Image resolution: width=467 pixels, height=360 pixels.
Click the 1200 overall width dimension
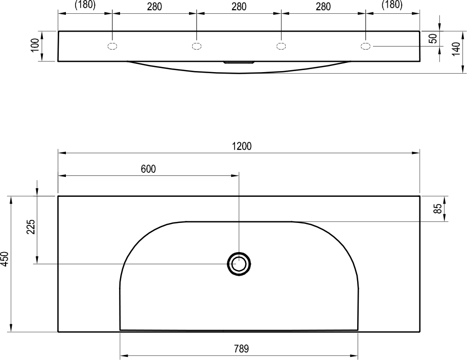point(242,146)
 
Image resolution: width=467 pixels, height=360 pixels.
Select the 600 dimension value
point(148,169)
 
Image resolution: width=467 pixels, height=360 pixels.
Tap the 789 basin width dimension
point(241,348)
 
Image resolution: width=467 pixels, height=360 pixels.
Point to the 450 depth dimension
point(5,259)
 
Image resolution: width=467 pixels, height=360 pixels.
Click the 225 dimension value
point(31,227)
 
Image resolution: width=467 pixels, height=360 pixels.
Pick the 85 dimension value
point(437,209)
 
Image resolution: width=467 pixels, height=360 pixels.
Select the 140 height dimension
point(456,49)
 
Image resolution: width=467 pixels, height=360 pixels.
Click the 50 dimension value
point(434,38)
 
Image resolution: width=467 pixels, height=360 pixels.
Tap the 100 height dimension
point(35,45)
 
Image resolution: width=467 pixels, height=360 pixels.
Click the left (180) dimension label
point(85,5)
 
